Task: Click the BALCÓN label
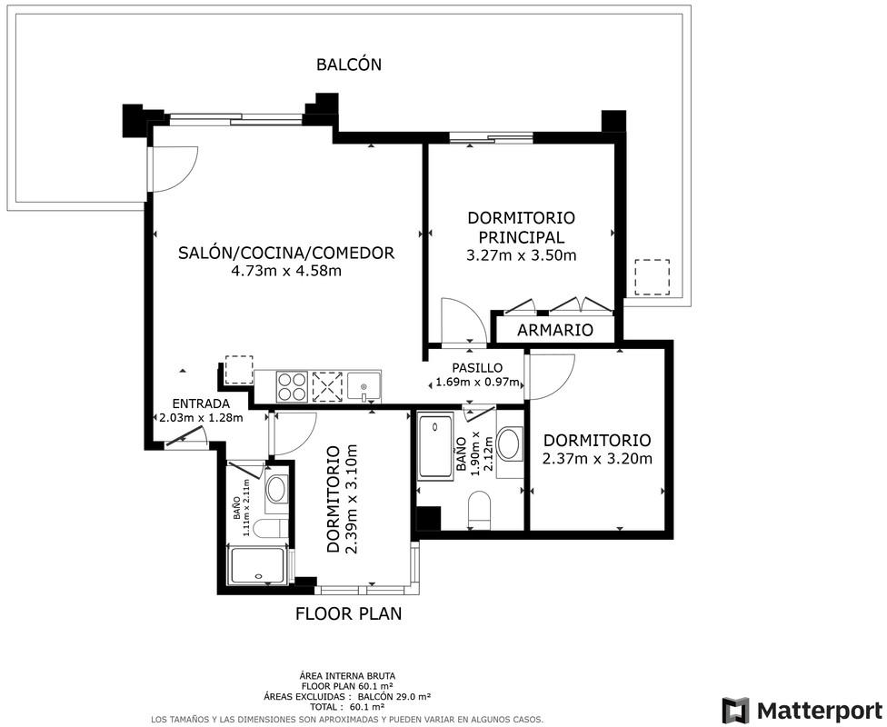pyautogui.click(x=348, y=65)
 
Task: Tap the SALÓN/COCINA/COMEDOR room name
pyautogui.click(x=286, y=253)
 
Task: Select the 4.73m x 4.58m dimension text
pyautogui.click(x=286, y=271)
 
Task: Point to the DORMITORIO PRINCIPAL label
pyautogui.click(x=521, y=227)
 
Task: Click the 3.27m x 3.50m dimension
pyautogui.click(x=521, y=255)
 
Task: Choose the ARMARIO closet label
pyautogui.click(x=555, y=330)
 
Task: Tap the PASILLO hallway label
pyautogui.click(x=477, y=368)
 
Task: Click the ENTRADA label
pyautogui.click(x=201, y=404)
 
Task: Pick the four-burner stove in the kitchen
pyautogui.click(x=292, y=387)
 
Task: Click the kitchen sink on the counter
pyautogui.click(x=364, y=387)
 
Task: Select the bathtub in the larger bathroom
pyautogui.click(x=435, y=447)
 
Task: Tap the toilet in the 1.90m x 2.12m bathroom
pyautogui.click(x=480, y=509)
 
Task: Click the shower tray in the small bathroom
pyautogui.click(x=257, y=566)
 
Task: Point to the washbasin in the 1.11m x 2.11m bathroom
pyautogui.click(x=276, y=490)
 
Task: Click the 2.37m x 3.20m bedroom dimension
pyautogui.click(x=597, y=458)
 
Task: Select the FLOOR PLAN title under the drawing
pyautogui.click(x=348, y=613)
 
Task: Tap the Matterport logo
pyautogui.click(x=802, y=710)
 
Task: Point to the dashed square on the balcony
pyautogui.click(x=652, y=276)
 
